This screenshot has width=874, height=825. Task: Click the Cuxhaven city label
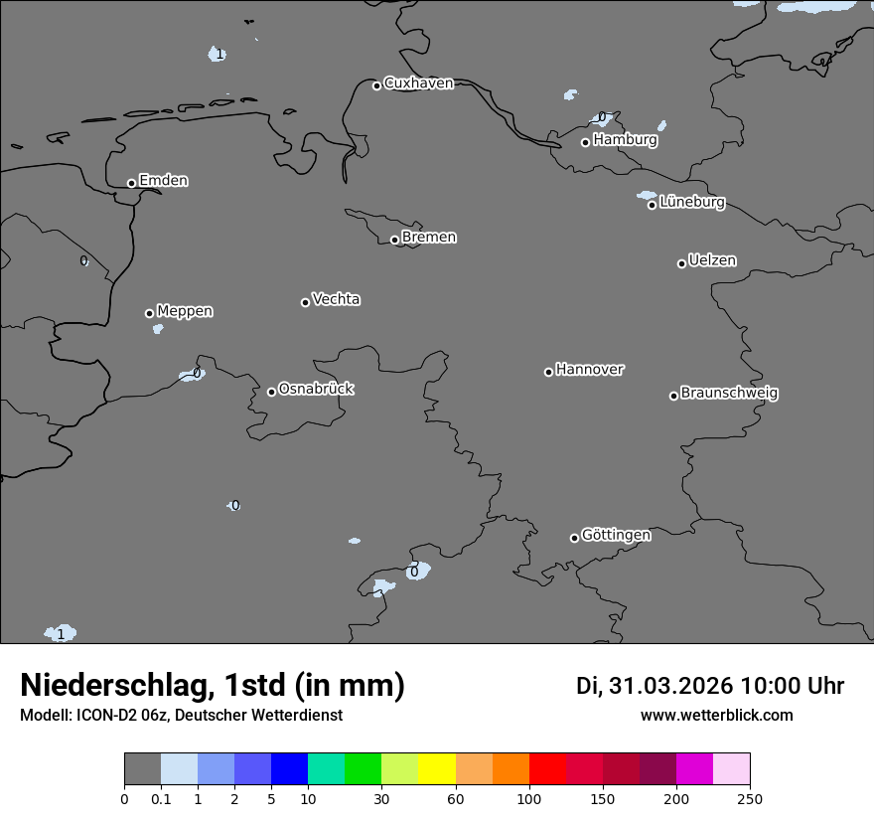tap(418, 83)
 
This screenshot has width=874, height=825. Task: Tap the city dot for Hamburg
tap(585, 142)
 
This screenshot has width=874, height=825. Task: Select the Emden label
tap(163, 181)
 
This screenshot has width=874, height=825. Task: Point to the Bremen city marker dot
tap(394, 240)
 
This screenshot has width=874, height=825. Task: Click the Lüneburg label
tap(692, 203)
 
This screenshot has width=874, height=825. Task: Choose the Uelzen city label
tap(712, 261)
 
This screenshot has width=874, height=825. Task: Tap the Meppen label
tap(185, 311)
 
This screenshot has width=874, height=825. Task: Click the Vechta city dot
tap(305, 302)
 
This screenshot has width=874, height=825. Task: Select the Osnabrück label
tap(316, 389)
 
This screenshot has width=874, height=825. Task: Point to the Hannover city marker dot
tap(548, 372)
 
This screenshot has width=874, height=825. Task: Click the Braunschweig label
tap(729, 394)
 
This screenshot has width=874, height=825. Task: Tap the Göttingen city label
tap(616, 536)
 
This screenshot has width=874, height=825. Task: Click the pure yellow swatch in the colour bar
tap(436, 769)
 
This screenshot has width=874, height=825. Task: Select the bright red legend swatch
tap(546, 769)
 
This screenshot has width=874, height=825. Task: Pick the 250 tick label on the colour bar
tap(750, 798)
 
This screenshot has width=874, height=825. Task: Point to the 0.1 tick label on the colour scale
tap(161, 798)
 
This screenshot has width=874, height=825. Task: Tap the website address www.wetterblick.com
tap(716, 716)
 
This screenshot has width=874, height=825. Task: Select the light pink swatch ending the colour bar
tap(731, 769)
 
